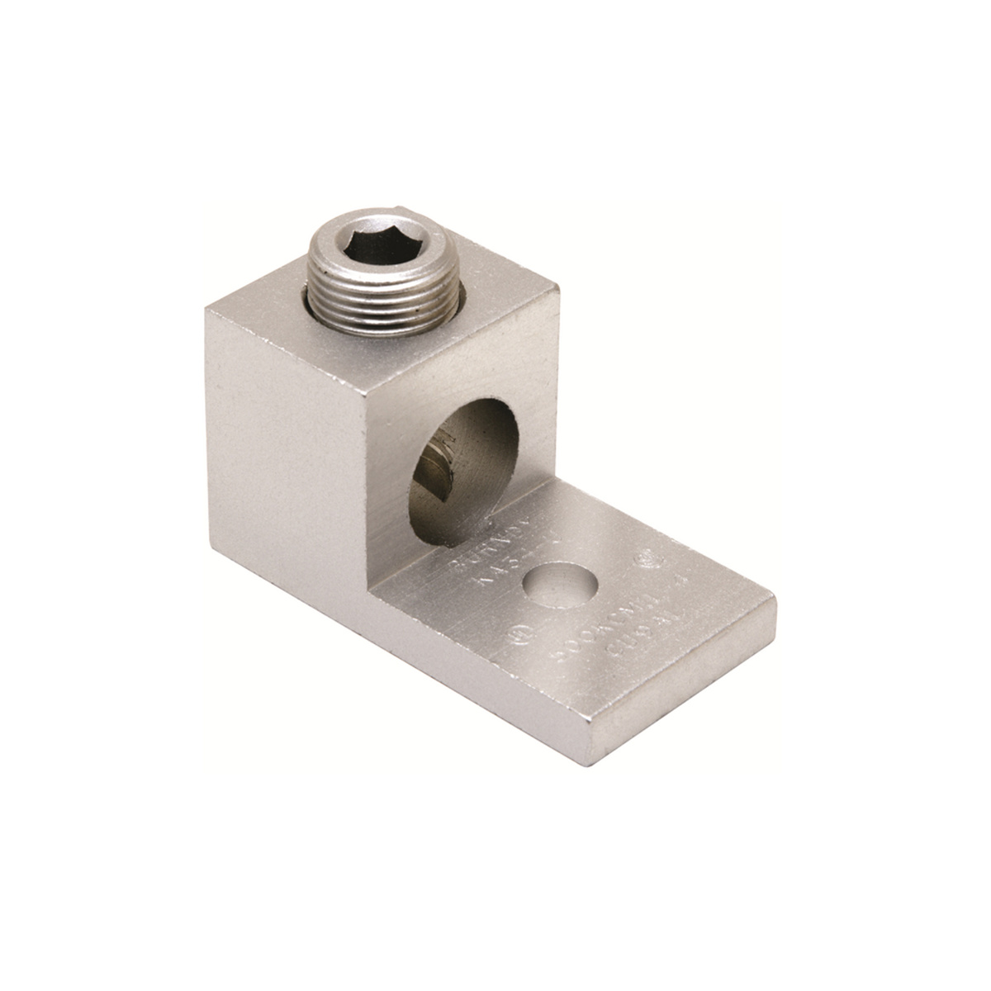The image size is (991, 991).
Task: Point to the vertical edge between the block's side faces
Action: pos(367,462)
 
